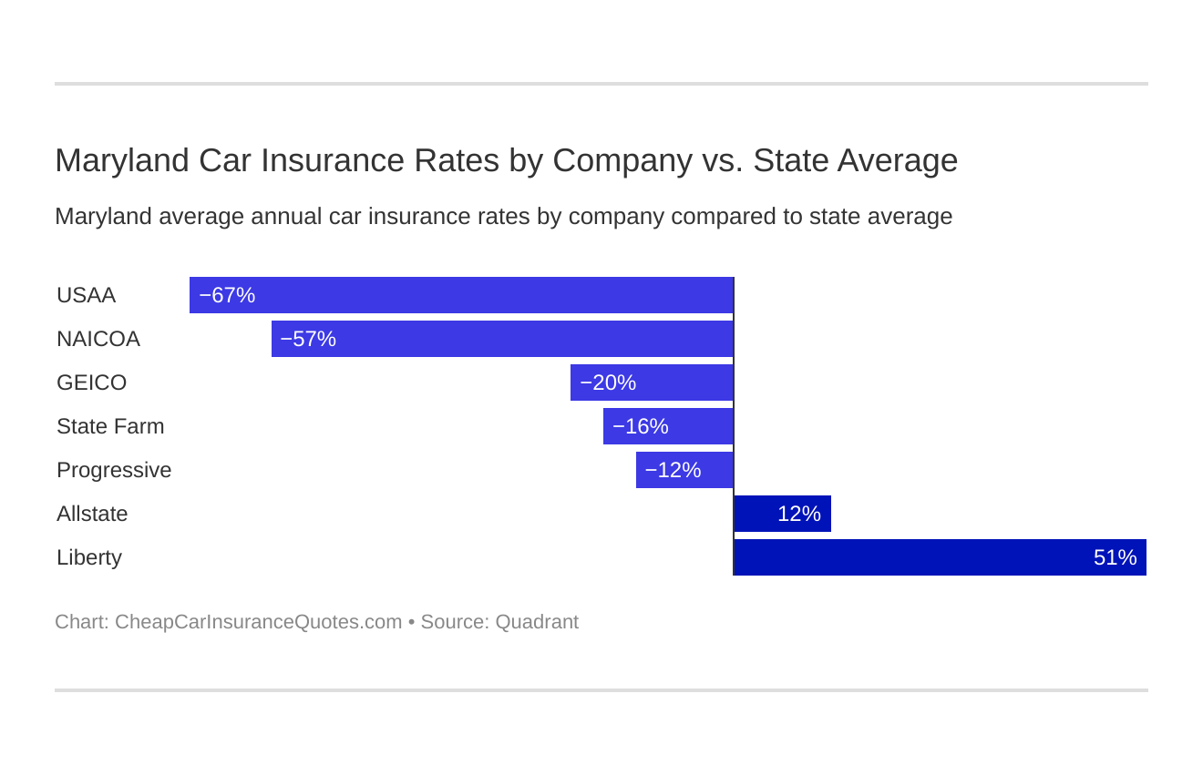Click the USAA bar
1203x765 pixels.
coord(461,295)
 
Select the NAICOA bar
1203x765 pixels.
coord(502,339)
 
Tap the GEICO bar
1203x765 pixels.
coord(652,382)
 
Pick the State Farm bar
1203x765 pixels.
coord(668,426)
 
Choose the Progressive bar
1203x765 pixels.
coord(684,470)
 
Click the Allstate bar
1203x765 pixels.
coord(782,514)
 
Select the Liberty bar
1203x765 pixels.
coord(940,557)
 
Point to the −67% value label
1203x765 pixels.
coord(227,295)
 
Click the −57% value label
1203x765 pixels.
coord(308,339)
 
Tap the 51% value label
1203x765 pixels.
coord(1115,557)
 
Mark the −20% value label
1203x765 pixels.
coord(608,382)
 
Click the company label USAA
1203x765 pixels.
coord(87,295)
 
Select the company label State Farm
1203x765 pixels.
coord(110,426)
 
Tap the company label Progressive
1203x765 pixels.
coord(114,470)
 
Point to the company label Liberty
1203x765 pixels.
coord(89,557)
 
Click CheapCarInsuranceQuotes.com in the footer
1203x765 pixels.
coord(258,622)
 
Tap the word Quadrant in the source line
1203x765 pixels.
coord(537,622)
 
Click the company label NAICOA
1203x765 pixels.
coord(98,339)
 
